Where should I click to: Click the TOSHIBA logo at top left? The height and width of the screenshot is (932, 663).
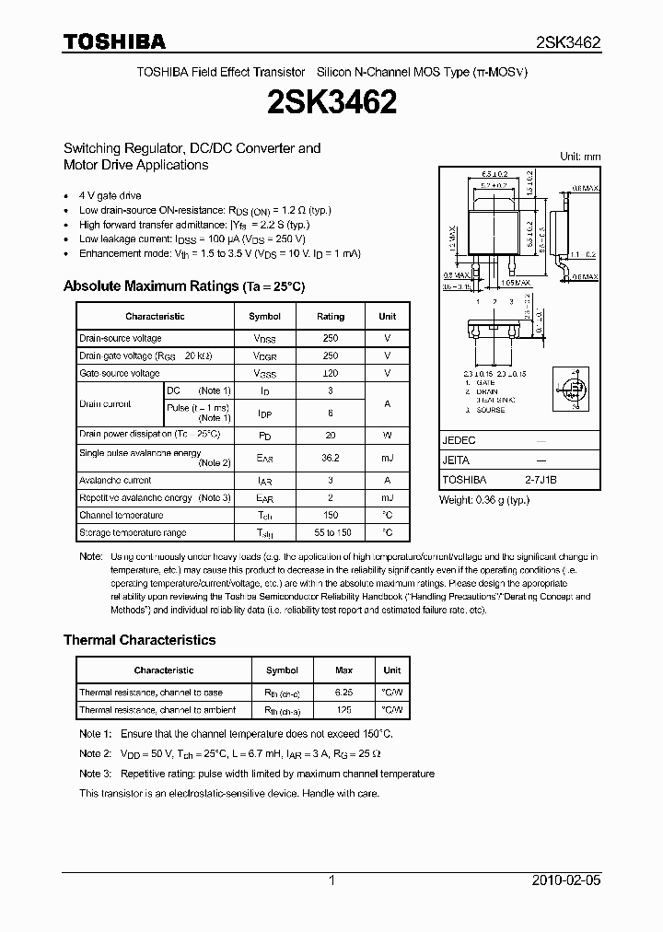click(113, 41)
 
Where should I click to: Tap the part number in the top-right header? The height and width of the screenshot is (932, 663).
click(568, 42)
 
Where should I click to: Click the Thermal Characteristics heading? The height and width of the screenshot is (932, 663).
click(139, 640)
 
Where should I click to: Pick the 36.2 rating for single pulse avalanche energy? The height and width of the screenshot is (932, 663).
click(331, 457)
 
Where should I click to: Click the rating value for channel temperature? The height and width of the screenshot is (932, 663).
click(331, 516)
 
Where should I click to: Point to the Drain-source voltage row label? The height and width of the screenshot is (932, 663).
click(121, 339)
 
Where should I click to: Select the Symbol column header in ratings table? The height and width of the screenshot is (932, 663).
click(264, 316)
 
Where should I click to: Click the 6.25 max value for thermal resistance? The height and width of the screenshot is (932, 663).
click(343, 693)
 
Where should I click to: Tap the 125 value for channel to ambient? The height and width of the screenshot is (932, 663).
click(343, 710)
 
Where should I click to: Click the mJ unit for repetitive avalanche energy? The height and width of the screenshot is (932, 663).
click(387, 498)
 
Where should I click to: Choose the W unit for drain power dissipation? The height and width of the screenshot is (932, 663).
click(387, 434)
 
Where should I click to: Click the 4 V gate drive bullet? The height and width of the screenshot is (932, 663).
click(110, 196)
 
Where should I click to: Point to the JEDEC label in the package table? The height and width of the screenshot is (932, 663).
click(459, 440)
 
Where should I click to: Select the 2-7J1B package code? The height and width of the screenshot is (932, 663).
click(541, 480)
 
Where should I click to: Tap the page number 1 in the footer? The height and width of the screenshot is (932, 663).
click(331, 880)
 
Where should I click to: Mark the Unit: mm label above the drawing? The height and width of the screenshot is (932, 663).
click(580, 157)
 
